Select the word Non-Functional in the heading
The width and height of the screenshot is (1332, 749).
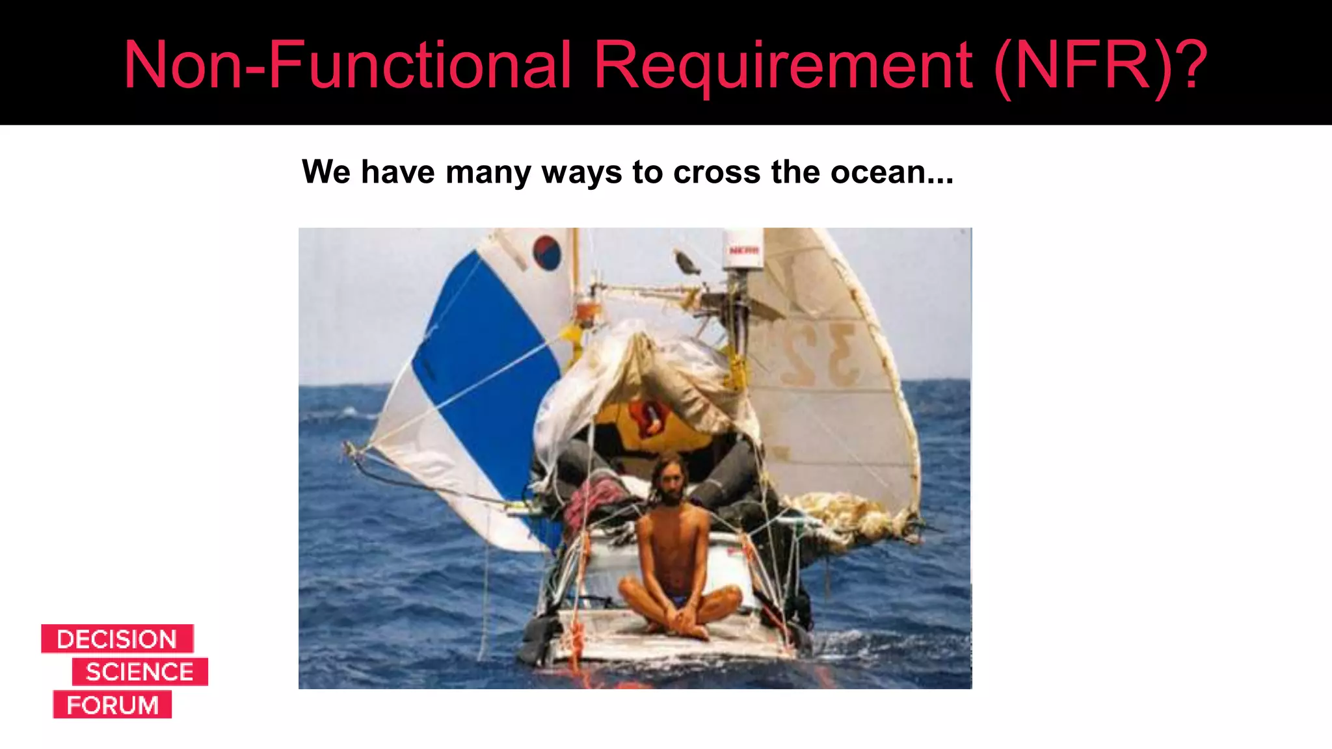click(x=347, y=64)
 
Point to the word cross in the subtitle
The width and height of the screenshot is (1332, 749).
click(x=717, y=172)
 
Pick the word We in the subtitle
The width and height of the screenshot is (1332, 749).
click(x=326, y=172)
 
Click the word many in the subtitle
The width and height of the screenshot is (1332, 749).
click(x=488, y=172)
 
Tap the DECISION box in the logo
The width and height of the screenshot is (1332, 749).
click(x=117, y=639)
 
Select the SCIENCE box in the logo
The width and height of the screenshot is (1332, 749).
click(x=140, y=672)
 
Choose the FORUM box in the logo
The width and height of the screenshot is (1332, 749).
click(x=113, y=705)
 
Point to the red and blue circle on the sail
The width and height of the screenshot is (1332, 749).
click(x=546, y=252)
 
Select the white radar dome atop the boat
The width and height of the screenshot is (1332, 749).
click(x=743, y=248)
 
